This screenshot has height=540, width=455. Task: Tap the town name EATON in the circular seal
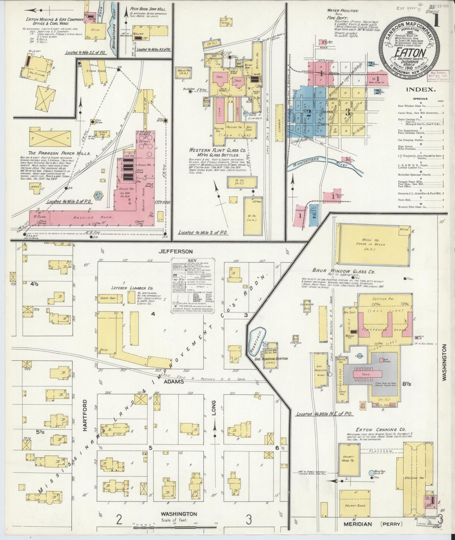click(409, 52)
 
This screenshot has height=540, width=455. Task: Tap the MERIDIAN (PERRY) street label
click(372, 524)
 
